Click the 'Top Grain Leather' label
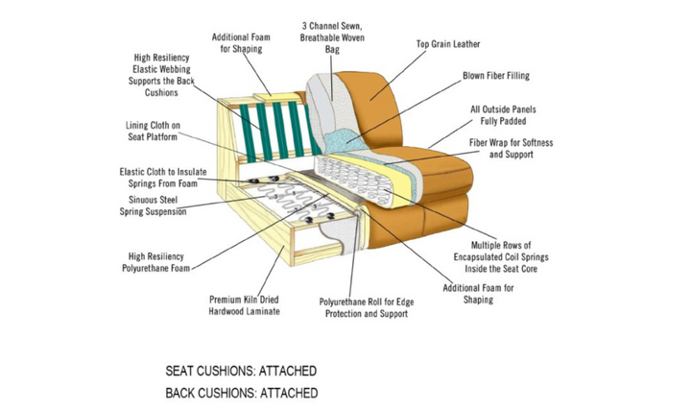point(448,44)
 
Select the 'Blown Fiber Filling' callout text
point(495,75)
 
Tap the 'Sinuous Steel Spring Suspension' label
point(151,205)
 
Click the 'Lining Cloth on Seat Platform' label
point(153,132)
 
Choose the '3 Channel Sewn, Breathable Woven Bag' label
point(332,35)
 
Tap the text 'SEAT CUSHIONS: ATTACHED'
point(241,371)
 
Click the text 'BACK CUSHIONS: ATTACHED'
point(241,393)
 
